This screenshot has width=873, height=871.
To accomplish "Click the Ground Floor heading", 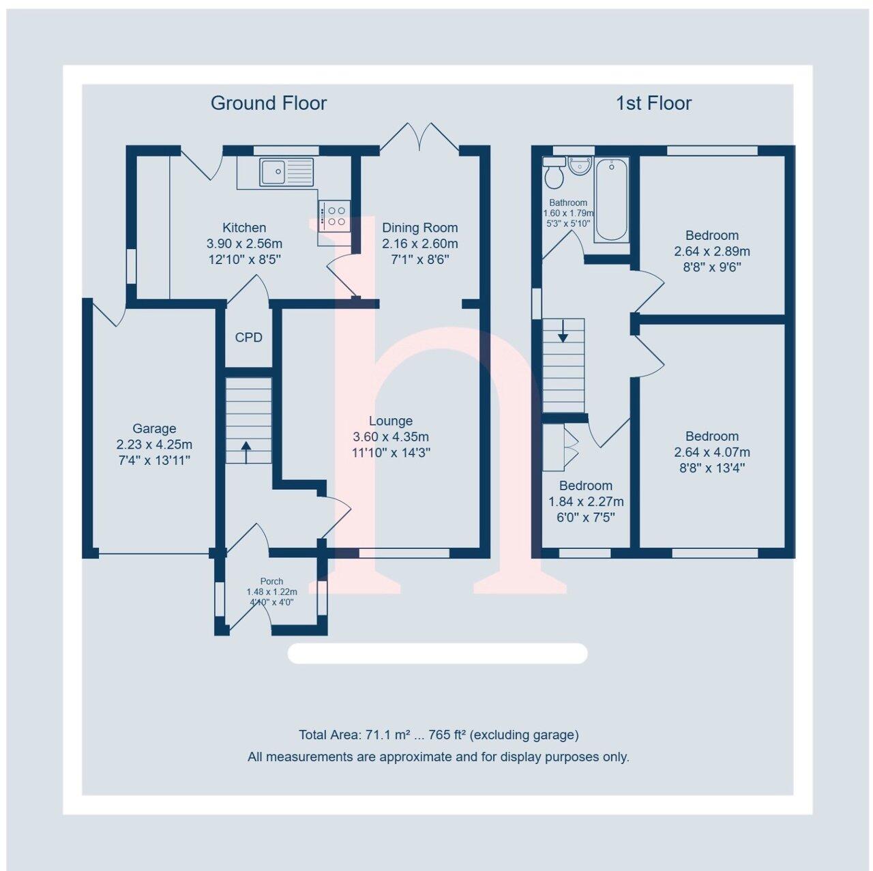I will coord(269,103).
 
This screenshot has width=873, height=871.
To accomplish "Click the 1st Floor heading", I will coord(653,103).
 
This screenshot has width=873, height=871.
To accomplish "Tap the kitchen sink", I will coord(286,171).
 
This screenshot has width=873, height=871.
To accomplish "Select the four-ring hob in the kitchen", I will coord(334,215).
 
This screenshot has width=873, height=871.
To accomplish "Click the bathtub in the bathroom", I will coord(612,201).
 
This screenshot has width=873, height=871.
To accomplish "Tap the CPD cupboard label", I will coord(248,338).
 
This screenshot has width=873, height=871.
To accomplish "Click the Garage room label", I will coord(154,428).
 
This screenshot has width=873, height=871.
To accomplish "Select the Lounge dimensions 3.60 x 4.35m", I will coord(391,437).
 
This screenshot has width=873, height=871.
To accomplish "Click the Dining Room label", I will coord(419,228).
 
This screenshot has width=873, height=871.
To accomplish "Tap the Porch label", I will coord(272,581).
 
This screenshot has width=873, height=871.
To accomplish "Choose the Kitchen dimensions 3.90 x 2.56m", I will coord(244,243).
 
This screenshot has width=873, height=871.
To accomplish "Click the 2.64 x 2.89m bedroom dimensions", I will coord(712,251).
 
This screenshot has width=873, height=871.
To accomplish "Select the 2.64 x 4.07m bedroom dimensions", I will coord(712,452).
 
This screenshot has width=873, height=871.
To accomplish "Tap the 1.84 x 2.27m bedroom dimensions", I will coord(586,502).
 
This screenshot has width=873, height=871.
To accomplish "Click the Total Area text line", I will coord(439,735).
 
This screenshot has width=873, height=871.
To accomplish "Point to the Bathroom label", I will coord(568,203).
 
